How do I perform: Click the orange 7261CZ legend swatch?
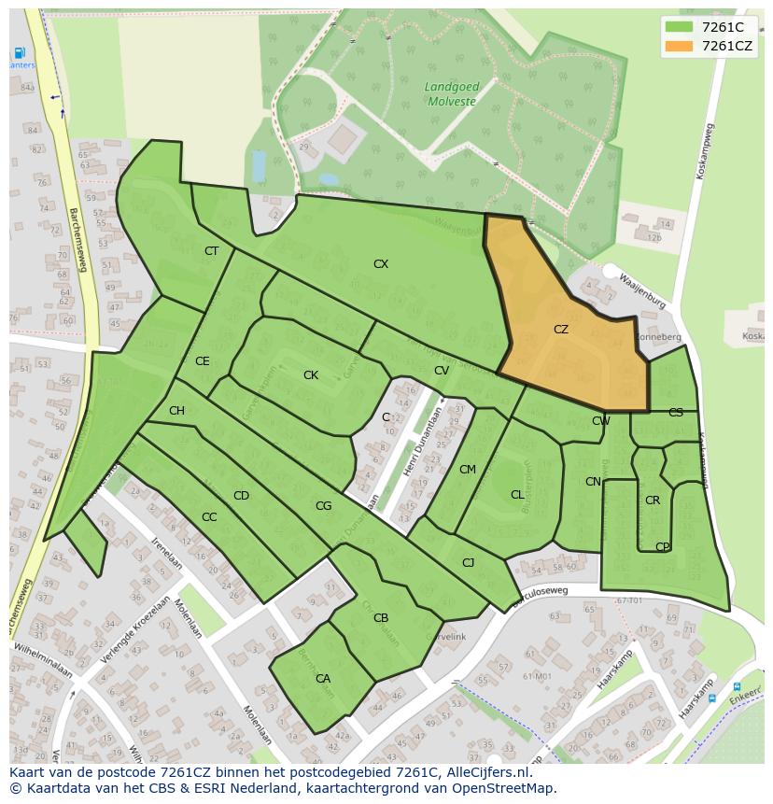(x=679, y=46)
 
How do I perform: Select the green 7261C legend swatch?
(x=679, y=27)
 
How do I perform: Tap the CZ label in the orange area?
(x=560, y=330)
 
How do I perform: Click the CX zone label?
(x=381, y=264)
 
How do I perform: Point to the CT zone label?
(x=211, y=251)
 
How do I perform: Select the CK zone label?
(x=311, y=375)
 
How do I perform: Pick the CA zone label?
(x=323, y=679)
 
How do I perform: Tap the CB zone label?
(x=381, y=618)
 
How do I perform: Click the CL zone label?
(x=517, y=495)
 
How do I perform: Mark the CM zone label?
(x=468, y=470)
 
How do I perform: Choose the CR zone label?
(x=653, y=501)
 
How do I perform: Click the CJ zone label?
(x=469, y=562)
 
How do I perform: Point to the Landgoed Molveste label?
(x=451, y=93)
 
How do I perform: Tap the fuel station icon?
(x=18, y=52)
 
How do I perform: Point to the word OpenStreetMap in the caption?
(x=499, y=788)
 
